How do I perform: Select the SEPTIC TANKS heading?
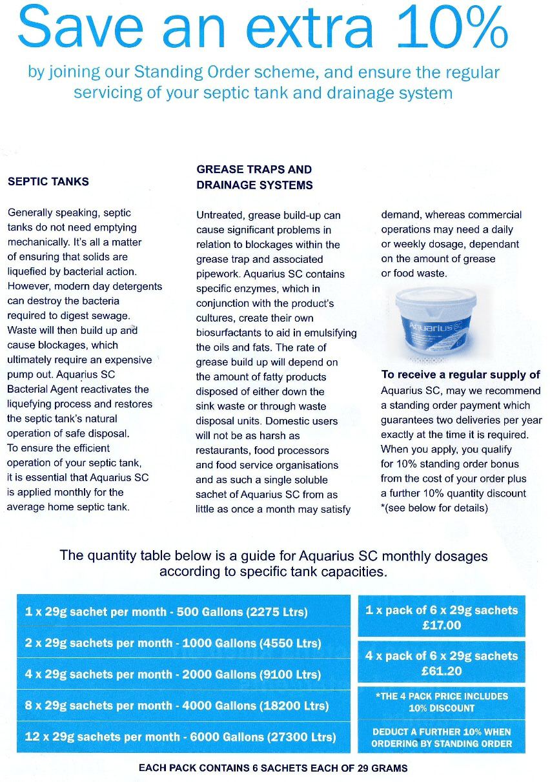(x=48, y=181)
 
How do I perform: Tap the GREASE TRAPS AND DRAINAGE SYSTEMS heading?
(x=254, y=177)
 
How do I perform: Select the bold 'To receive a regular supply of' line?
(x=460, y=375)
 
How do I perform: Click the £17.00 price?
(x=442, y=625)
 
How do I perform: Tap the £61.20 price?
(x=442, y=671)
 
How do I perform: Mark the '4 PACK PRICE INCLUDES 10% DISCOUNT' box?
(x=442, y=702)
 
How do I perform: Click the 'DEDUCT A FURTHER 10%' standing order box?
(x=442, y=737)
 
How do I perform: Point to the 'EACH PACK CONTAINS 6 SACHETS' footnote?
(x=273, y=768)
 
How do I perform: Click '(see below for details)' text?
(x=436, y=508)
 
